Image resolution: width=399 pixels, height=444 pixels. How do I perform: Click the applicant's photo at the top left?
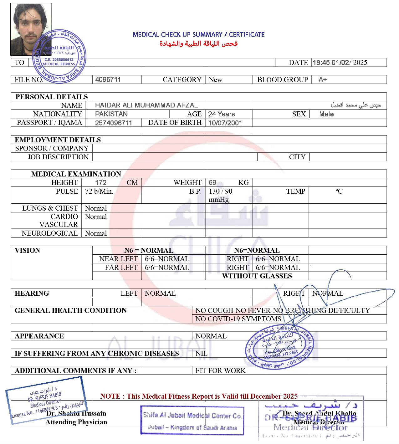(x=31, y=29)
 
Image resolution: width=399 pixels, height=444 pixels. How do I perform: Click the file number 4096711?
(x=108, y=79)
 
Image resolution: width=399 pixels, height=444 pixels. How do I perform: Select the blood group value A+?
(x=323, y=79)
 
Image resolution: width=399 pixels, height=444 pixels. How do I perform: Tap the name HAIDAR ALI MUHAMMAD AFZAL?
(x=146, y=105)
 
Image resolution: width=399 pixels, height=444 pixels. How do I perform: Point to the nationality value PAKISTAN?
(x=111, y=114)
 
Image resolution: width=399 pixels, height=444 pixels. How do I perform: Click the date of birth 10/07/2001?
(x=225, y=123)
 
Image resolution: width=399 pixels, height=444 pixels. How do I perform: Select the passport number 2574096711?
(x=114, y=123)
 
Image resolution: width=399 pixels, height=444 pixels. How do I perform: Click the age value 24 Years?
(x=221, y=114)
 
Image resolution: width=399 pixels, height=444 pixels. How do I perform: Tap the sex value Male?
(x=326, y=114)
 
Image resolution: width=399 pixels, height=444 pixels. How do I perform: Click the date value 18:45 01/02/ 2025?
(x=340, y=63)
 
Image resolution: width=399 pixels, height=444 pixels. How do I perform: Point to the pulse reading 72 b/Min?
(x=99, y=191)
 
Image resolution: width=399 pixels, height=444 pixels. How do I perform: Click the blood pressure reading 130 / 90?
(x=221, y=191)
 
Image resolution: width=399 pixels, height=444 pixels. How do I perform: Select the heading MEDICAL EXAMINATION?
(x=76, y=174)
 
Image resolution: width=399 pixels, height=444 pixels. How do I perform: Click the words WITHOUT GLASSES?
(x=257, y=276)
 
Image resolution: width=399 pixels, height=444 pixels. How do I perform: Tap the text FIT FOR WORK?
(x=221, y=370)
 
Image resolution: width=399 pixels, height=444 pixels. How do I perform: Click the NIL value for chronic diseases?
(x=202, y=353)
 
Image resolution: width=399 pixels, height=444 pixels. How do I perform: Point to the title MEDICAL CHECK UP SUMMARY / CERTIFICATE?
(x=199, y=34)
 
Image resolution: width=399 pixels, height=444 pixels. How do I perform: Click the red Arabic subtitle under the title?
(x=199, y=43)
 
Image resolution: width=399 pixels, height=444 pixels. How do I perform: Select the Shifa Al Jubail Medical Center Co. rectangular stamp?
(x=192, y=421)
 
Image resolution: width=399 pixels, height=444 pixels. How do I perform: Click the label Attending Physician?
(x=76, y=422)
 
